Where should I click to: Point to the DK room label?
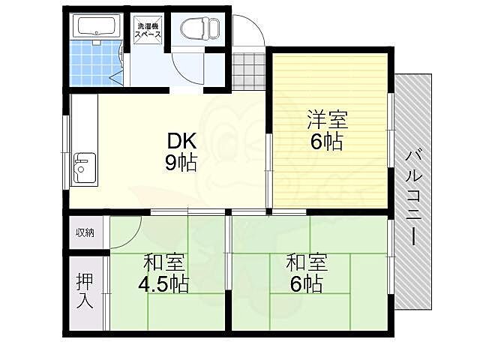pyautogui.click(x=181, y=141)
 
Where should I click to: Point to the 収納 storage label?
pyautogui.click(x=85, y=232)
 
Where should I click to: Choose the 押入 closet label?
pyautogui.click(x=84, y=290)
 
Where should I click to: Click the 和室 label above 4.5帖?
pyautogui.click(x=163, y=264)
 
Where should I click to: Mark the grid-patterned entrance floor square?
pyautogui.click(x=247, y=73)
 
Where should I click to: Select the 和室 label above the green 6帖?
pyautogui.click(x=306, y=263)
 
